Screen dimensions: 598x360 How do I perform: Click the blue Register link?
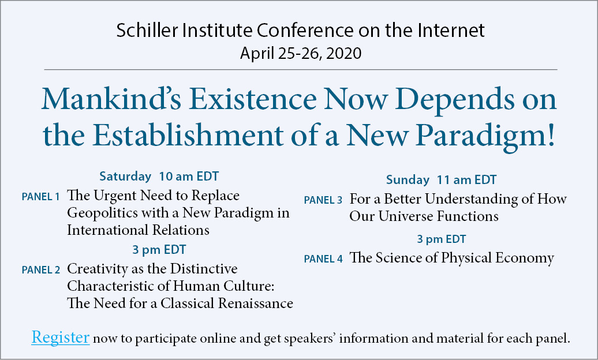61,337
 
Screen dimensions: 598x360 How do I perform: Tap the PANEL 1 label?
41,197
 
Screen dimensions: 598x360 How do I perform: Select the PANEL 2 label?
41,270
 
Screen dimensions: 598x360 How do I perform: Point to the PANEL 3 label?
323,200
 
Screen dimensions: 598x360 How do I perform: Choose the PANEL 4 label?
323,259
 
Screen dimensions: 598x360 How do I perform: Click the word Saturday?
125,177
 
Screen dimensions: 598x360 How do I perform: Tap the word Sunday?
408,180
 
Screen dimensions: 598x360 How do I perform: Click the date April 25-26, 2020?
301,53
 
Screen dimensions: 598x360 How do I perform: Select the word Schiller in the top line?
147,30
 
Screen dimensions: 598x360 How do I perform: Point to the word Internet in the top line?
451,30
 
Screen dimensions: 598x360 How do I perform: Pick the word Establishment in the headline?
188,136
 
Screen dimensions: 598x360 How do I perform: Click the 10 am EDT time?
189,177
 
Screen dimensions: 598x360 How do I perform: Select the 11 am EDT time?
466,180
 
